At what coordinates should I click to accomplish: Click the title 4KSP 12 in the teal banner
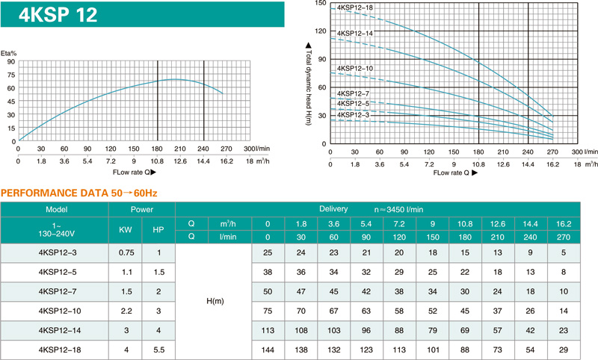coord(58,15)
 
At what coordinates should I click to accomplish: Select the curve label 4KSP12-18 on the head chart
coord(354,7)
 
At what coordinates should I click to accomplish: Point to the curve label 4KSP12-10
coord(354,69)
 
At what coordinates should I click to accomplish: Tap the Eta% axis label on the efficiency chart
coord(8,53)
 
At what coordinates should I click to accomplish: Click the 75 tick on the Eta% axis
coord(11,75)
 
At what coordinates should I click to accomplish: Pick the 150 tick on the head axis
coord(321,4)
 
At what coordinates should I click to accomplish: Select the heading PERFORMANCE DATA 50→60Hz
coord(79,193)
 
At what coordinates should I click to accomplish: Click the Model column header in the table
coord(57,210)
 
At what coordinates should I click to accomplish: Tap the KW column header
coord(126,230)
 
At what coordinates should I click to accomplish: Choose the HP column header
coord(158,230)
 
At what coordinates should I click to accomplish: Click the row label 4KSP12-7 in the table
coord(58,291)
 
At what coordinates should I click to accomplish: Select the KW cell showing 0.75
coord(126,252)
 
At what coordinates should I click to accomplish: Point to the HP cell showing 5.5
coord(159,350)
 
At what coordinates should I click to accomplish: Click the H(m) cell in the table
coord(215,301)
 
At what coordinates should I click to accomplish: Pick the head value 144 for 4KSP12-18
coord(268,350)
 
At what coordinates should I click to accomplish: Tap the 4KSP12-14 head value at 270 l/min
coord(564,330)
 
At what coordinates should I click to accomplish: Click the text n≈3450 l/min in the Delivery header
coord(398,210)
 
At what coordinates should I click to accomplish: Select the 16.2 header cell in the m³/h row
coord(564,224)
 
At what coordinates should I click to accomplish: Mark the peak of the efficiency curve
coord(175,79)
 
